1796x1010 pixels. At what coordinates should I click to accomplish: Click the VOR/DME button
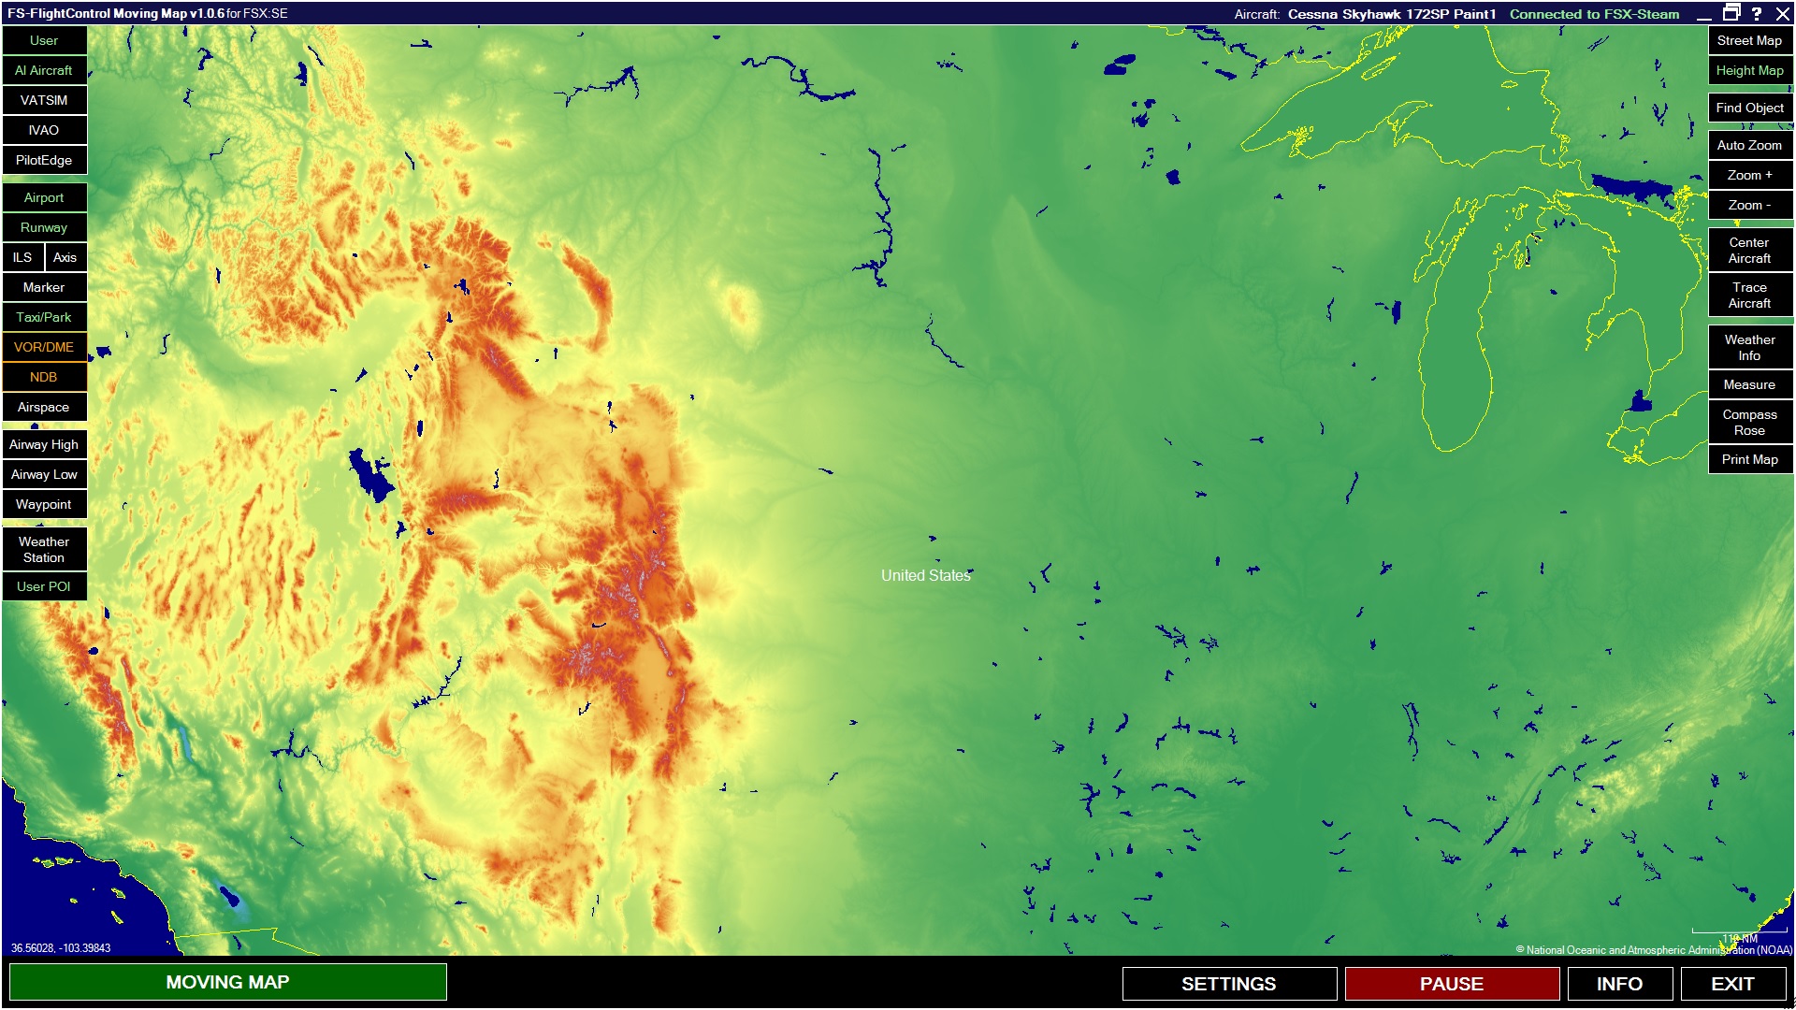(x=44, y=347)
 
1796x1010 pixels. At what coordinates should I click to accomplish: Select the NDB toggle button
(x=44, y=377)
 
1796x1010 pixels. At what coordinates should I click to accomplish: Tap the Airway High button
(x=44, y=444)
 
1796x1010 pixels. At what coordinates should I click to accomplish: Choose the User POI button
(x=44, y=586)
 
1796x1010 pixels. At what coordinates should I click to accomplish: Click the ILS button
(x=22, y=257)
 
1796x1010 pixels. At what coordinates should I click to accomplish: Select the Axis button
(x=65, y=257)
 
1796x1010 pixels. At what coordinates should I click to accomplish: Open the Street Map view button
(x=1749, y=40)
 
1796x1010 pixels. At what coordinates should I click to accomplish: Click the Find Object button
(x=1749, y=108)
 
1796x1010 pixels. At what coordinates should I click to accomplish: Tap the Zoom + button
(x=1749, y=175)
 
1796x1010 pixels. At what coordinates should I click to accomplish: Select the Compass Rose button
(x=1749, y=422)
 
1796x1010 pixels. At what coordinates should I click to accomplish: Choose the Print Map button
(x=1749, y=459)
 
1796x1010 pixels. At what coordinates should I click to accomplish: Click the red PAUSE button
(x=1452, y=984)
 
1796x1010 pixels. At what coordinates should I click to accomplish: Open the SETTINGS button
(x=1229, y=984)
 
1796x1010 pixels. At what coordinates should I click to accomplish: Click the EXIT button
(x=1732, y=984)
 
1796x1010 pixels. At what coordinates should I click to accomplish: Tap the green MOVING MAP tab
(x=228, y=982)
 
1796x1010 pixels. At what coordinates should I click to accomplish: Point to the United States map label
(x=925, y=575)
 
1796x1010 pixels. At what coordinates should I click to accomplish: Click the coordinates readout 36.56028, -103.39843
(x=61, y=948)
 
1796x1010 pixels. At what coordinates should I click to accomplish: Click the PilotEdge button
(x=44, y=160)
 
